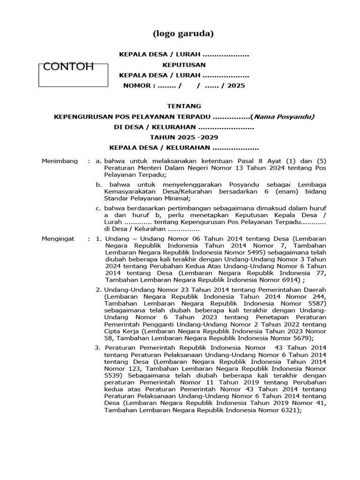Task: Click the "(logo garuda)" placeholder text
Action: pos(183,34)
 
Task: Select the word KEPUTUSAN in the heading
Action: pos(184,65)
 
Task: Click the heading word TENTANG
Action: pos(184,106)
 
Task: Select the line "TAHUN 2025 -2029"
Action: pos(184,137)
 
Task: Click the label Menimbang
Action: pos(60,161)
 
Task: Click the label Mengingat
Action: pos(59,239)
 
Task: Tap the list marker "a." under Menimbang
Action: pos(99,161)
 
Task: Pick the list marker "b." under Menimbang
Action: pos(99,185)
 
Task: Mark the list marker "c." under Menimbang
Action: pos(99,208)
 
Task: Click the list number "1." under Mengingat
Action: pos(99,239)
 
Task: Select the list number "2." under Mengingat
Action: pos(99,290)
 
